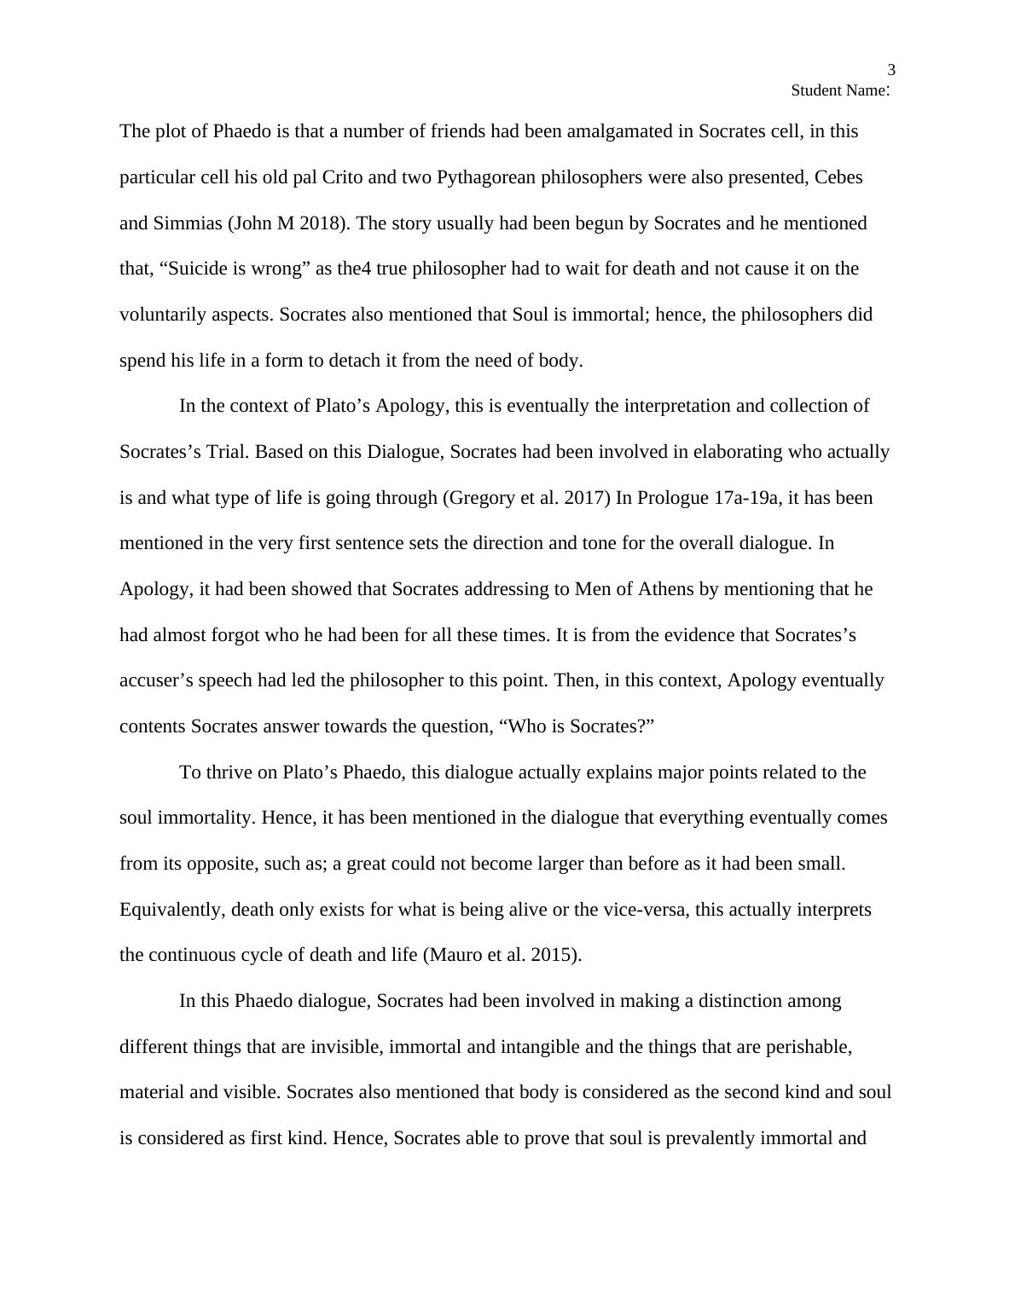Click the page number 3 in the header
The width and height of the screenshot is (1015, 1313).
(891, 71)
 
